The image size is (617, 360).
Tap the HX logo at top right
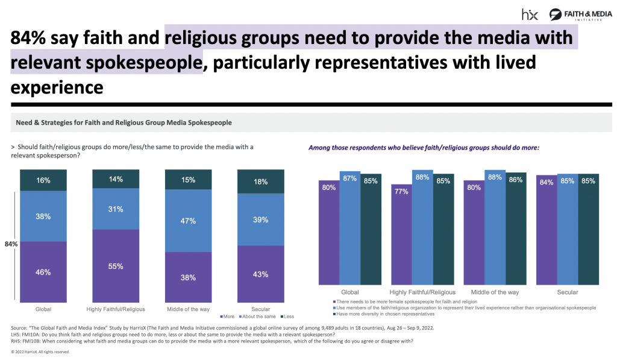point(530,14)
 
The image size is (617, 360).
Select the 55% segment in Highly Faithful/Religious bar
point(116,266)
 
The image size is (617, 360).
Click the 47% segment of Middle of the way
point(189,221)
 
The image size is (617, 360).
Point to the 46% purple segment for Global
point(43,271)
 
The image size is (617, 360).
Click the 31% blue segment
point(116,209)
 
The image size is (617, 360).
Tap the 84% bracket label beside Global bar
point(10,244)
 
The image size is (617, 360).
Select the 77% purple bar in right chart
point(401,235)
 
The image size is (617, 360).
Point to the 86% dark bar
point(515,229)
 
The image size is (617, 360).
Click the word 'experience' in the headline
point(57,87)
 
